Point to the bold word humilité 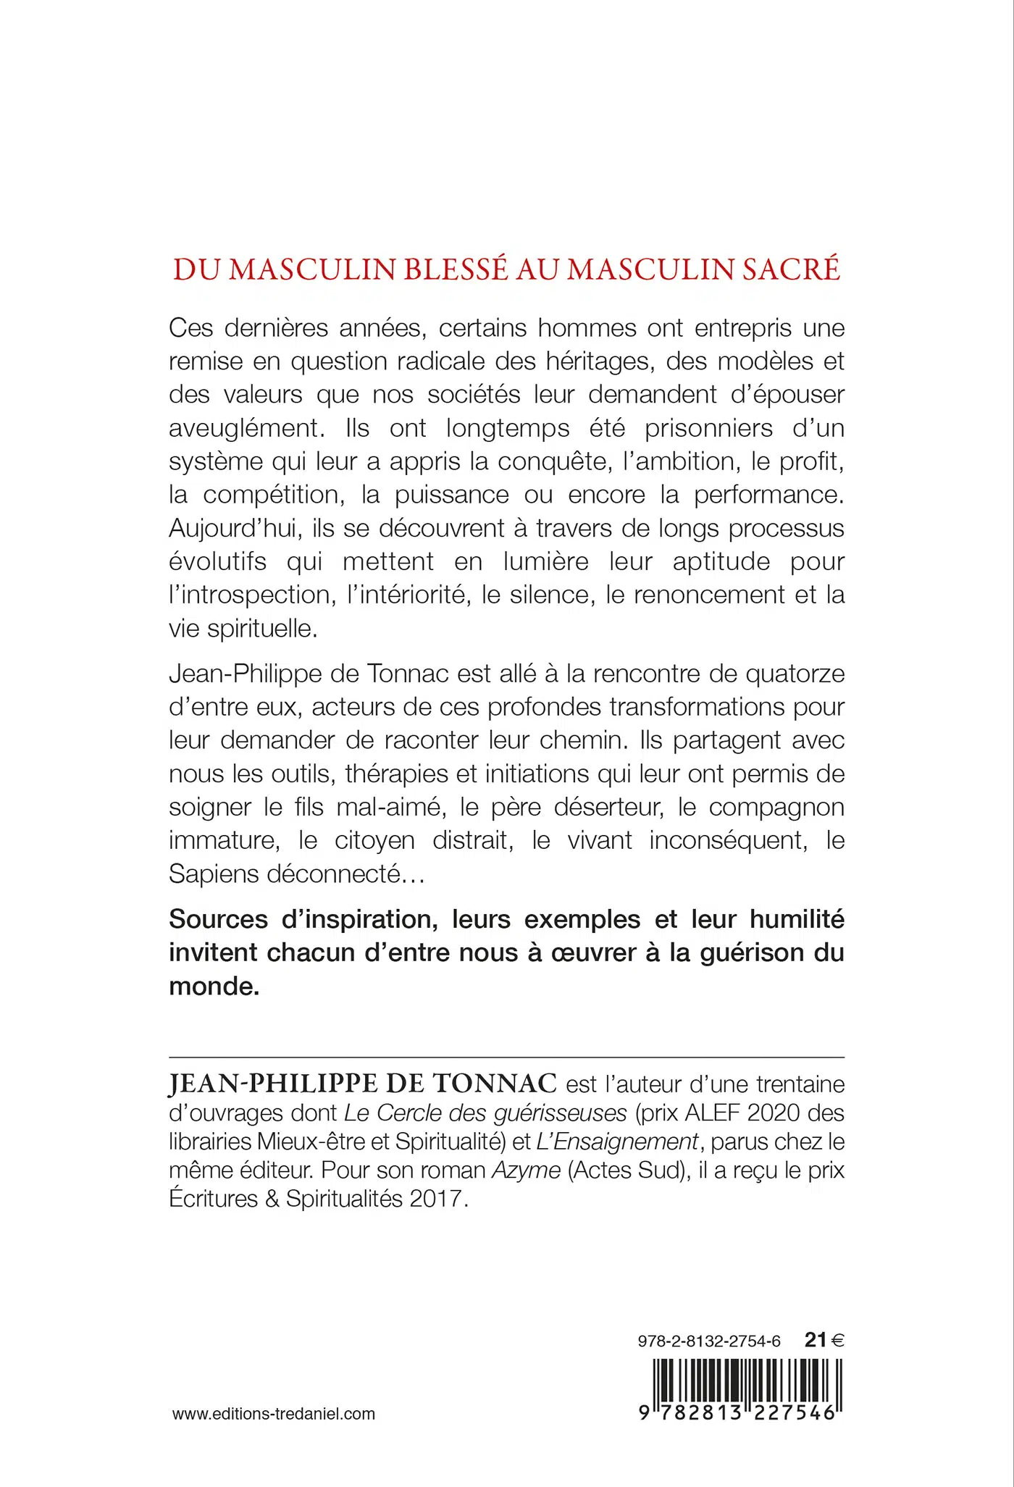coord(797,919)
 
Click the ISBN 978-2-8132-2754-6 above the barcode coord(709,1341)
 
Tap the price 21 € coord(824,1340)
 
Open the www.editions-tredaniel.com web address coord(274,1414)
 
